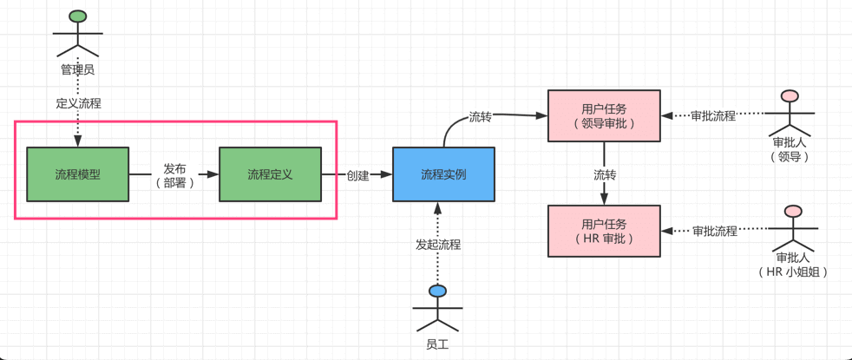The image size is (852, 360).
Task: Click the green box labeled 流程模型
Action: click(x=78, y=174)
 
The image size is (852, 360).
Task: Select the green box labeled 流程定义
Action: click(x=270, y=174)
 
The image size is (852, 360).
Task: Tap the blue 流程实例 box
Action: click(x=443, y=174)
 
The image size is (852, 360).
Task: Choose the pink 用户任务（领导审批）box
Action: click(x=604, y=115)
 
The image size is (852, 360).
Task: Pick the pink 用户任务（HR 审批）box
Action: click(x=604, y=231)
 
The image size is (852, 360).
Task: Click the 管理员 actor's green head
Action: click(x=78, y=16)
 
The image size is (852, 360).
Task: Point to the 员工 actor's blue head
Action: click(x=437, y=291)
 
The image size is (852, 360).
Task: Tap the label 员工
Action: click(x=437, y=344)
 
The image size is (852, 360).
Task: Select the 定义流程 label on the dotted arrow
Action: click(x=78, y=103)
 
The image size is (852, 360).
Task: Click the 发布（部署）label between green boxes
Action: click(x=174, y=175)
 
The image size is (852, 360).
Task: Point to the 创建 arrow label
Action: click(x=357, y=175)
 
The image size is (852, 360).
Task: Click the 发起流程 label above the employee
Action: click(x=438, y=245)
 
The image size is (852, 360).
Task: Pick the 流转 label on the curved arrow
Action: click(x=480, y=116)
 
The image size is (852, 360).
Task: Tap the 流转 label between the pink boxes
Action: click(x=605, y=174)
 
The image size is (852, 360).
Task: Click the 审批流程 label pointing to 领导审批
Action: click(x=713, y=115)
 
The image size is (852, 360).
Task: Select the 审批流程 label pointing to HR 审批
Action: click(x=714, y=231)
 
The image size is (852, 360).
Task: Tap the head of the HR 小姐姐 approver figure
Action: click(x=791, y=210)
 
